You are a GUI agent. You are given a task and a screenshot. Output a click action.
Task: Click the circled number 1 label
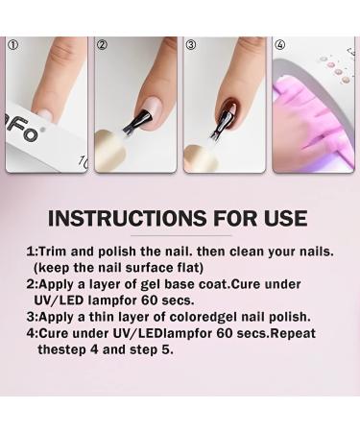point(12,45)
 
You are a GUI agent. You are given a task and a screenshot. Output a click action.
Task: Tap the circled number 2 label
point(103,45)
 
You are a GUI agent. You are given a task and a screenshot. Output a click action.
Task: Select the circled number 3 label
point(191,45)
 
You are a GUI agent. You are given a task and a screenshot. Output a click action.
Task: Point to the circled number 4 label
point(280,45)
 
